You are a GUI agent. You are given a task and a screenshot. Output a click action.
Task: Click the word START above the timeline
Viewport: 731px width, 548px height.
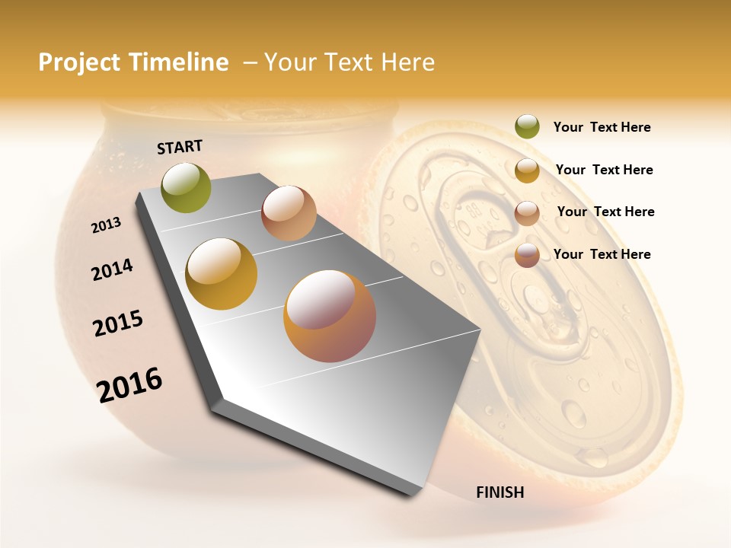(180, 147)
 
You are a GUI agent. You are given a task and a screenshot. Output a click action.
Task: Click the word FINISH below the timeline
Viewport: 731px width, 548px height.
(500, 492)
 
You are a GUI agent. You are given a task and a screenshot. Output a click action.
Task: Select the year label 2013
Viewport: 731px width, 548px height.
(106, 225)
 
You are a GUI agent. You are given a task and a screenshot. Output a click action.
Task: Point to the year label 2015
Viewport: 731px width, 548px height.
(118, 323)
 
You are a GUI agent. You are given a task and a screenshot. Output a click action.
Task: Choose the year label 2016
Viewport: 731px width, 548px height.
(129, 384)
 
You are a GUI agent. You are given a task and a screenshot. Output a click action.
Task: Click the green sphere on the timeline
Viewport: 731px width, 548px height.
(187, 187)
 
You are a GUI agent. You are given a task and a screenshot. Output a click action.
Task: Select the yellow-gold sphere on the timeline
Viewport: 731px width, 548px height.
(222, 273)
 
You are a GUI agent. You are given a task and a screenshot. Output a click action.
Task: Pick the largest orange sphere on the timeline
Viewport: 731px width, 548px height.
(330, 316)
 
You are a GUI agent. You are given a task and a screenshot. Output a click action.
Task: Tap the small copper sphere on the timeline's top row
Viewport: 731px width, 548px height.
(289, 213)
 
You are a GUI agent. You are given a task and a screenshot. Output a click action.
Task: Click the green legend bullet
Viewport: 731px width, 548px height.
(527, 127)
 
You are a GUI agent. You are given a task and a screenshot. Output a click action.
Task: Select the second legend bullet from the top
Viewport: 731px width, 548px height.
(527, 170)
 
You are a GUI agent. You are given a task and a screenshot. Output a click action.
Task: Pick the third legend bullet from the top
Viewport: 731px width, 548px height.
(527, 213)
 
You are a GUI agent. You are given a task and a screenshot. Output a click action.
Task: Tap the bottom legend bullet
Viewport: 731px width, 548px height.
(527, 255)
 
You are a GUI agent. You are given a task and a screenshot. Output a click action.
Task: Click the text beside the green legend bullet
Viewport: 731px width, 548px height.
(602, 128)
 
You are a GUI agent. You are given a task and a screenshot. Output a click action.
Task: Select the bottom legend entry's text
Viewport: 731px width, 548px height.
(602, 254)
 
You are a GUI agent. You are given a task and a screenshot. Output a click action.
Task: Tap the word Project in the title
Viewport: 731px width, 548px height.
(80, 62)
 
